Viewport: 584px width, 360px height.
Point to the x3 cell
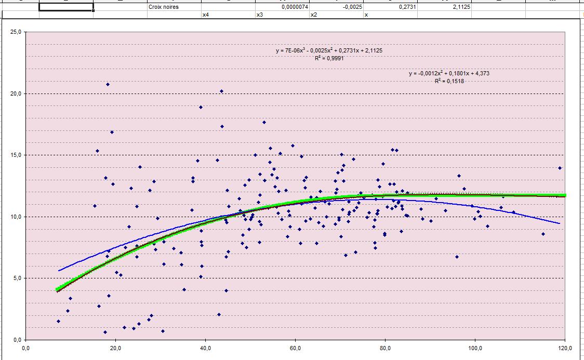click(x=282, y=15)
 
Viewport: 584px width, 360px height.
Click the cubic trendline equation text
click(x=329, y=51)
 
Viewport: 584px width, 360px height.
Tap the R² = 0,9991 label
click(x=329, y=58)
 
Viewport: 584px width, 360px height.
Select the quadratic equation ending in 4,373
click(x=449, y=74)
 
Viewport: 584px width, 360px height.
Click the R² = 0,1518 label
click(x=449, y=81)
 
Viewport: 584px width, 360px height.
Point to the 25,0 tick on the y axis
click(x=16, y=32)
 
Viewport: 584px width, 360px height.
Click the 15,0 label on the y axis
click(x=16, y=155)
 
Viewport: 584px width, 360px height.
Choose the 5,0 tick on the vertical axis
click(x=16, y=278)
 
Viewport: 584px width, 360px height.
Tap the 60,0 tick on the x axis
click(x=295, y=349)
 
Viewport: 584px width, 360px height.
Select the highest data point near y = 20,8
click(x=108, y=84)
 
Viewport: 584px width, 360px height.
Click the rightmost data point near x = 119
click(x=560, y=168)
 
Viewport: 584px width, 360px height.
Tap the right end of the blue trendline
click(x=559, y=223)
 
